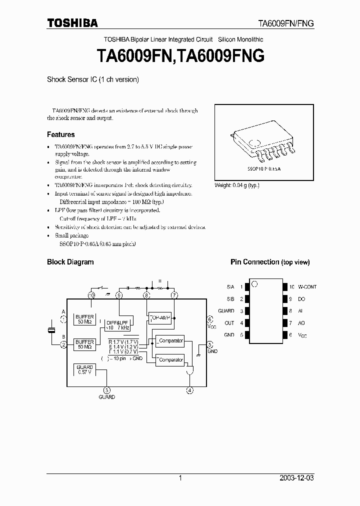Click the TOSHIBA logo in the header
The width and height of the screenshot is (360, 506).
coord(72,22)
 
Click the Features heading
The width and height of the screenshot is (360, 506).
coord(60,134)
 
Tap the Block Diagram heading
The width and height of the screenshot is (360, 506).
coord(70,262)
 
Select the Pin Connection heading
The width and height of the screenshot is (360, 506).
coord(254,262)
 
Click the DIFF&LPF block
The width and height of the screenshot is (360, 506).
coord(118,325)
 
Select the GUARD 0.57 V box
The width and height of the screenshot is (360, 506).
coord(84,370)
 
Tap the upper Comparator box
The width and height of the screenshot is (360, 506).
coord(169,341)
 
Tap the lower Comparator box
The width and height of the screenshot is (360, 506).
coord(169,359)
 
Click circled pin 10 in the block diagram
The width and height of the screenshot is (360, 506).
coord(91,295)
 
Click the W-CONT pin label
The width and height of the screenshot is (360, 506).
coord(307,287)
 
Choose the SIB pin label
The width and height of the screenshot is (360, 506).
coord(230,299)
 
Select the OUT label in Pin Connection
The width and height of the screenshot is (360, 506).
coord(229,323)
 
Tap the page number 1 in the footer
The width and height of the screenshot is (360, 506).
coord(180,478)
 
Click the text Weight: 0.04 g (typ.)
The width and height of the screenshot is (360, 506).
coord(236,185)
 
